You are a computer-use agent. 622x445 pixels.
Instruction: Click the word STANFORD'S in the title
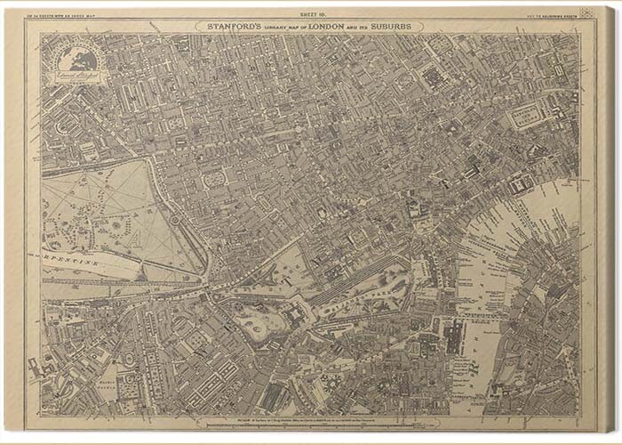pos(233,27)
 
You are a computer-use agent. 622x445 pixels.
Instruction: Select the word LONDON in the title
pos(325,27)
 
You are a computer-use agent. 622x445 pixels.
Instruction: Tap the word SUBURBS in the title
pos(398,27)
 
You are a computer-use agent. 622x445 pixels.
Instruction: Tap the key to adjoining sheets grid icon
pos(586,14)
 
